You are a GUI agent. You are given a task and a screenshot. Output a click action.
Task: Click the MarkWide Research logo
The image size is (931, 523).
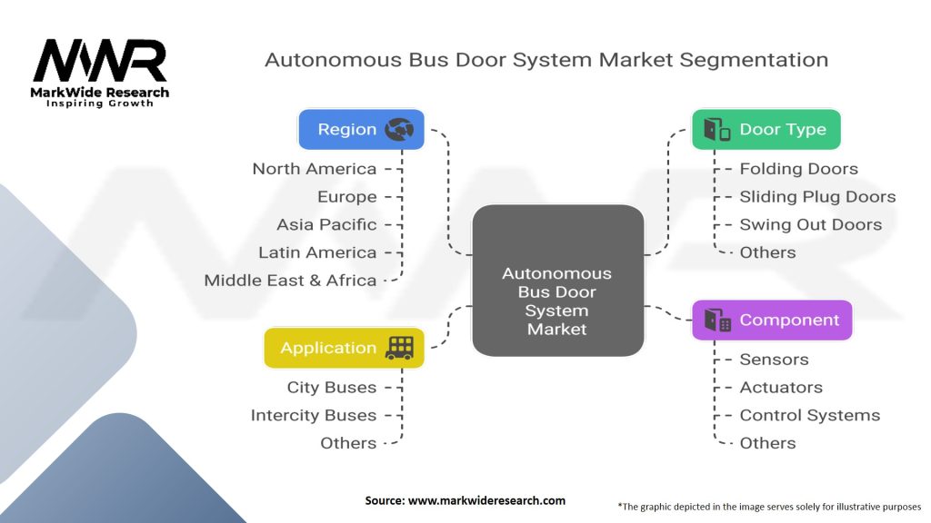(100, 73)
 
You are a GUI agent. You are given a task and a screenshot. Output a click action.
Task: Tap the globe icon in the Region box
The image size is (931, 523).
(399, 130)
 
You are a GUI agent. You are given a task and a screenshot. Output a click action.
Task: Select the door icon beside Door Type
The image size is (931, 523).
(717, 130)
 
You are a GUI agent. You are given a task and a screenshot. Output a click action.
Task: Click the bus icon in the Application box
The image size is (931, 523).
(400, 348)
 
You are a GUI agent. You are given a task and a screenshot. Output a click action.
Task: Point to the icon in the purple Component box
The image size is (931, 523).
(717, 320)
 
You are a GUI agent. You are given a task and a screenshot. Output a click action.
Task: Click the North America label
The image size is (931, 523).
(314, 169)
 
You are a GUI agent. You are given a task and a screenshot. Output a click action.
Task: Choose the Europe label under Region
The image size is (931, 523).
(346, 197)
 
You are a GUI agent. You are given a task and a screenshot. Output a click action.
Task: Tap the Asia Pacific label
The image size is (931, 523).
(326, 224)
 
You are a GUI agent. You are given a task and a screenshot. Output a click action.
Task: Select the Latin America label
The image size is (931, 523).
(317, 252)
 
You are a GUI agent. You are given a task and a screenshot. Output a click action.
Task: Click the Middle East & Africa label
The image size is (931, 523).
(290, 281)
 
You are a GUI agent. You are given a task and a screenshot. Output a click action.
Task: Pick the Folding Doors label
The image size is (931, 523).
(798, 169)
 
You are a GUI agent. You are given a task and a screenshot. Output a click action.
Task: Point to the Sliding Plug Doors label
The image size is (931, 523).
(817, 197)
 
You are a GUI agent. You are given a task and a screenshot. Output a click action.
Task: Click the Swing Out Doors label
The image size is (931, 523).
(810, 224)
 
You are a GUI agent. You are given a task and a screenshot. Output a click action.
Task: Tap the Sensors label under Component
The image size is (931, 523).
(774, 360)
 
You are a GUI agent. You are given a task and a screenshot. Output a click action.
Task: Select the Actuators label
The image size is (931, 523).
(781, 388)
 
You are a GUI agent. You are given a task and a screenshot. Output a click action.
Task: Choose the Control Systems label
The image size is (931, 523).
(809, 415)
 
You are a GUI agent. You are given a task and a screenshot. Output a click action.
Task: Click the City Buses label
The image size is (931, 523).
(331, 388)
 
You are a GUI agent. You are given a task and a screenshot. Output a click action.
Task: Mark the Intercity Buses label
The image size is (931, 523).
(313, 415)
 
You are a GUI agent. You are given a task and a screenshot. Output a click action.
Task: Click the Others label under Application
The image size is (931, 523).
(348, 443)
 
